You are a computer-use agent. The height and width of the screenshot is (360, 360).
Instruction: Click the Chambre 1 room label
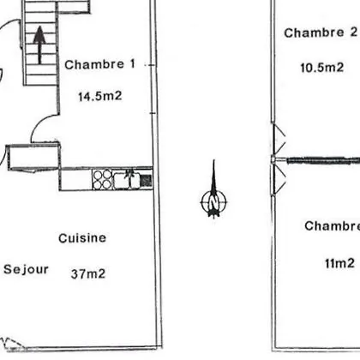(x=99, y=64)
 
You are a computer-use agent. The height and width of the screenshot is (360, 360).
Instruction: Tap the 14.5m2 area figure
(x=100, y=96)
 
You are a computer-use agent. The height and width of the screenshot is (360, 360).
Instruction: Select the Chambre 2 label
(x=321, y=33)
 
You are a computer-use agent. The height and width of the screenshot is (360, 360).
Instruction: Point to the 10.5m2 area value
(x=321, y=68)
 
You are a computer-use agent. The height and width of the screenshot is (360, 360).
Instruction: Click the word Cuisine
(x=82, y=238)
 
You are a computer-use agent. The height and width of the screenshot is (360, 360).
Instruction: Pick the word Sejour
(x=26, y=269)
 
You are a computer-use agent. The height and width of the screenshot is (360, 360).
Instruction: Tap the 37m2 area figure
(x=88, y=273)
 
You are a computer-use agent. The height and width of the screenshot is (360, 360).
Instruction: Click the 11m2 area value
(x=339, y=263)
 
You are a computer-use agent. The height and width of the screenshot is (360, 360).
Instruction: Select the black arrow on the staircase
(x=39, y=45)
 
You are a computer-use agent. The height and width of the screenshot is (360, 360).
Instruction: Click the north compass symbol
(x=213, y=190)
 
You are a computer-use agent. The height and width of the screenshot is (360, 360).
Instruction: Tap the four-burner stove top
(x=102, y=179)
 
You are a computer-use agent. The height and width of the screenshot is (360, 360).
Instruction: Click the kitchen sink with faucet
(x=127, y=179)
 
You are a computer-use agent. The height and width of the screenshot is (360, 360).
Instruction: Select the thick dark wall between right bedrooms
(x=323, y=160)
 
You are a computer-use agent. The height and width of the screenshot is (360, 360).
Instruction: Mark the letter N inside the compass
(x=213, y=202)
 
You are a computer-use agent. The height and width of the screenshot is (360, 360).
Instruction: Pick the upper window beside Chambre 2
(x=278, y=139)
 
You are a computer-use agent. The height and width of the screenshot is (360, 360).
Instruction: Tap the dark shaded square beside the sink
(x=146, y=180)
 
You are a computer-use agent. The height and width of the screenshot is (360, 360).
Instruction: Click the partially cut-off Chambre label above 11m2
(x=332, y=225)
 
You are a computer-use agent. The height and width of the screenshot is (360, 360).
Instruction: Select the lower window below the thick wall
(x=278, y=179)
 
